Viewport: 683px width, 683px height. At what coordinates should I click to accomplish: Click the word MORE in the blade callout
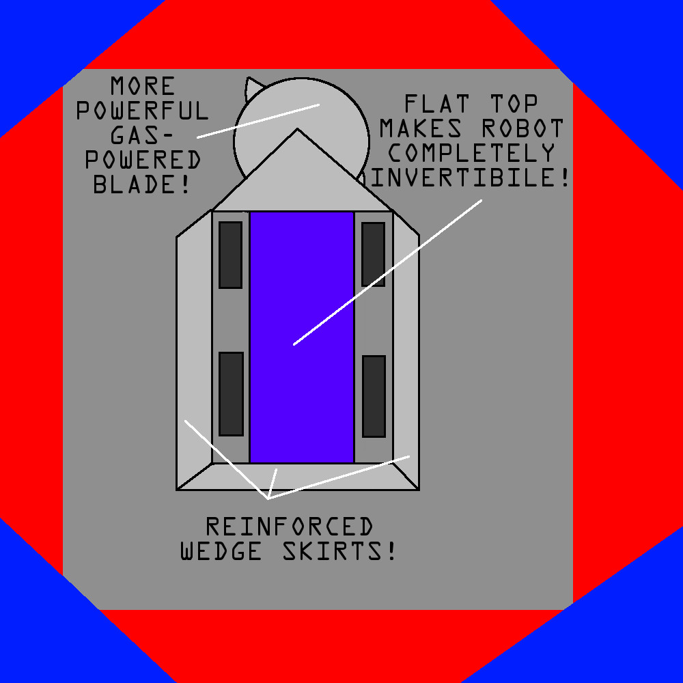[143, 86]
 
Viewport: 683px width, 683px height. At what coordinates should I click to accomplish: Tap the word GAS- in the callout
[143, 135]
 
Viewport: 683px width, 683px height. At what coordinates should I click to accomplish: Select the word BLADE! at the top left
[143, 184]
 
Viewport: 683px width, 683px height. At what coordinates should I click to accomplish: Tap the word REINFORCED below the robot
[290, 527]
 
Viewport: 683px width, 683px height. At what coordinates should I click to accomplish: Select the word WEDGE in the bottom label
[221, 551]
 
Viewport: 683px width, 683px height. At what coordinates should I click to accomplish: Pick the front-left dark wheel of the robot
[230, 255]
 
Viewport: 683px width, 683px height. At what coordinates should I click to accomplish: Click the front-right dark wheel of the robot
[373, 254]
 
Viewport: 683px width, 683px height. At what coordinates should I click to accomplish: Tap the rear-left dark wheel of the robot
[231, 394]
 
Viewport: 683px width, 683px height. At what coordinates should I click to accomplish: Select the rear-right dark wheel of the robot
[374, 396]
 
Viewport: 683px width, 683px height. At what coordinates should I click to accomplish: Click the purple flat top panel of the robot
[302, 287]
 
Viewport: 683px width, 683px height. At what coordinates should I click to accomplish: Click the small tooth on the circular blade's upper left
[253, 85]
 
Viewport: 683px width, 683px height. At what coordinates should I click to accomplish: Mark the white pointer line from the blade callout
[258, 121]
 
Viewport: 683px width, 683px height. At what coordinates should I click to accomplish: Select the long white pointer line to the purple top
[387, 273]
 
